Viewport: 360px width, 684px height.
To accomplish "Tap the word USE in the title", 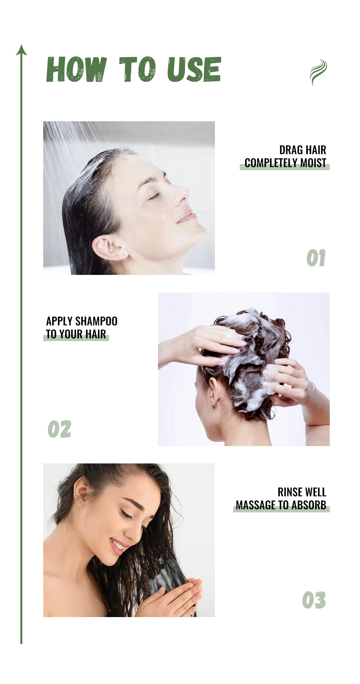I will click(194, 69).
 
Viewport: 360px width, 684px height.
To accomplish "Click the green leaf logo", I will click(318, 72).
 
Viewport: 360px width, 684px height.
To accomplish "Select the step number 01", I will click(316, 258).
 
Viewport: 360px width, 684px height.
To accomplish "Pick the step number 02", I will click(59, 429).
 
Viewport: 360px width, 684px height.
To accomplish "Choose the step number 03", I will click(314, 600).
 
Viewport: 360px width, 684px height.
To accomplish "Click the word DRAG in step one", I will click(291, 150).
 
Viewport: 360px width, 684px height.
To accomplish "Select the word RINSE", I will click(289, 492).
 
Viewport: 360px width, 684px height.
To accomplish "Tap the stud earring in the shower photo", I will click(125, 254).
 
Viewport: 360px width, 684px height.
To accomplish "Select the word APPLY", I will click(59, 321).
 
